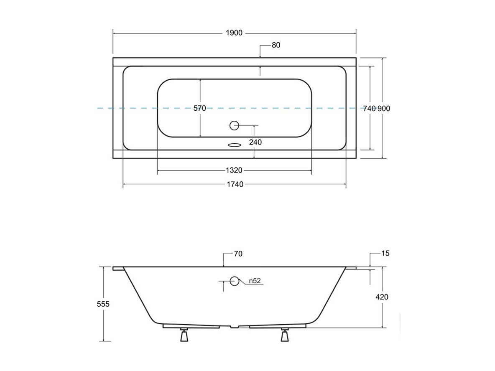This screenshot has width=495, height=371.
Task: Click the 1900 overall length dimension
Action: pyautogui.click(x=234, y=33)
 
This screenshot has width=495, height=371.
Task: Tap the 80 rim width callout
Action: pyautogui.click(x=276, y=45)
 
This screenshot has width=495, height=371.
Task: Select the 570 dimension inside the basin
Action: pyautogui.click(x=199, y=108)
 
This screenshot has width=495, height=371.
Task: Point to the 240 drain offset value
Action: pyautogui.click(x=255, y=142)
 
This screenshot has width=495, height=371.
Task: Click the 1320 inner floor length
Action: pyautogui.click(x=234, y=170)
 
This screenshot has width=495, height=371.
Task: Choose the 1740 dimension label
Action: pyautogui.click(x=235, y=184)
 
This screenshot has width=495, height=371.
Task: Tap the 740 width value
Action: pyautogui.click(x=369, y=109)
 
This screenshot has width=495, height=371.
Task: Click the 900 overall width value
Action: pyautogui.click(x=384, y=109)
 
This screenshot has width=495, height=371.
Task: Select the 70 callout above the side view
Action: pyautogui.click(x=238, y=254)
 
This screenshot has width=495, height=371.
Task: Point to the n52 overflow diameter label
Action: pyautogui.click(x=255, y=280)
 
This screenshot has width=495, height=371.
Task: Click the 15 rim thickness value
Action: pyautogui.click(x=385, y=253)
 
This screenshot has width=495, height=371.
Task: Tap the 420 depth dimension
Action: pyautogui.click(x=382, y=297)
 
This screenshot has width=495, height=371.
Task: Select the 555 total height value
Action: pyautogui.click(x=103, y=304)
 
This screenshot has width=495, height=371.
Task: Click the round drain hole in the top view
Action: pyautogui.click(x=234, y=125)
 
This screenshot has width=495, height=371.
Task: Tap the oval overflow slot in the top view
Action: pyautogui.click(x=234, y=145)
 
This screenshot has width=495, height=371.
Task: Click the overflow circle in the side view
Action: pyautogui.click(x=234, y=280)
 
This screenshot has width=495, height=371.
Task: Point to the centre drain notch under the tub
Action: pyautogui.click(x=234, y=327)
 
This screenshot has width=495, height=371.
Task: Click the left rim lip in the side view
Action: pyautogui.click(x=118, y=269)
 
